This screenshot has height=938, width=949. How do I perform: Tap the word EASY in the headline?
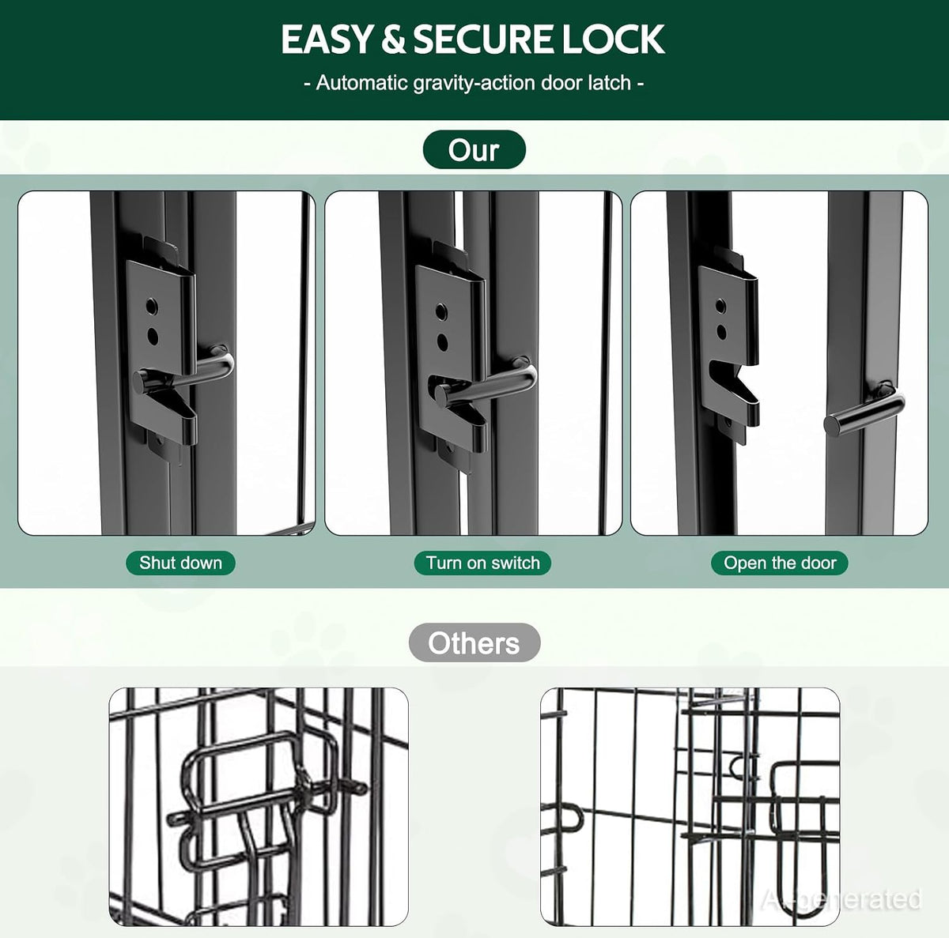326,39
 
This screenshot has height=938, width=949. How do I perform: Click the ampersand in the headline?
394,39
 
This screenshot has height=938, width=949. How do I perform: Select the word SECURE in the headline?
486,39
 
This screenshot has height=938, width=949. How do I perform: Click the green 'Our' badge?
475,149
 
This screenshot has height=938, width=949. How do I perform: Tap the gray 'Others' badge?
475,642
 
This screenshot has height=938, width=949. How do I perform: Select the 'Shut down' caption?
181,563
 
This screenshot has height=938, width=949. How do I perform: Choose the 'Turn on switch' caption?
482,563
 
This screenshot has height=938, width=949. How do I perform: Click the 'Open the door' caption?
780,563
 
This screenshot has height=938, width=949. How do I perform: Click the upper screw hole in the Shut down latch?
152,307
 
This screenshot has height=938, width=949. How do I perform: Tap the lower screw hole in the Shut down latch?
153,337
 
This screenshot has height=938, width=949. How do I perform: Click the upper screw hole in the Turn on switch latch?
441,311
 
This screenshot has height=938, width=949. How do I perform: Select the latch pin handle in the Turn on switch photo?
485,382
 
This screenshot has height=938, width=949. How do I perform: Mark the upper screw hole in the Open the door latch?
720,306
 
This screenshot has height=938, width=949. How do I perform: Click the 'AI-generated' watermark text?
841,898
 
